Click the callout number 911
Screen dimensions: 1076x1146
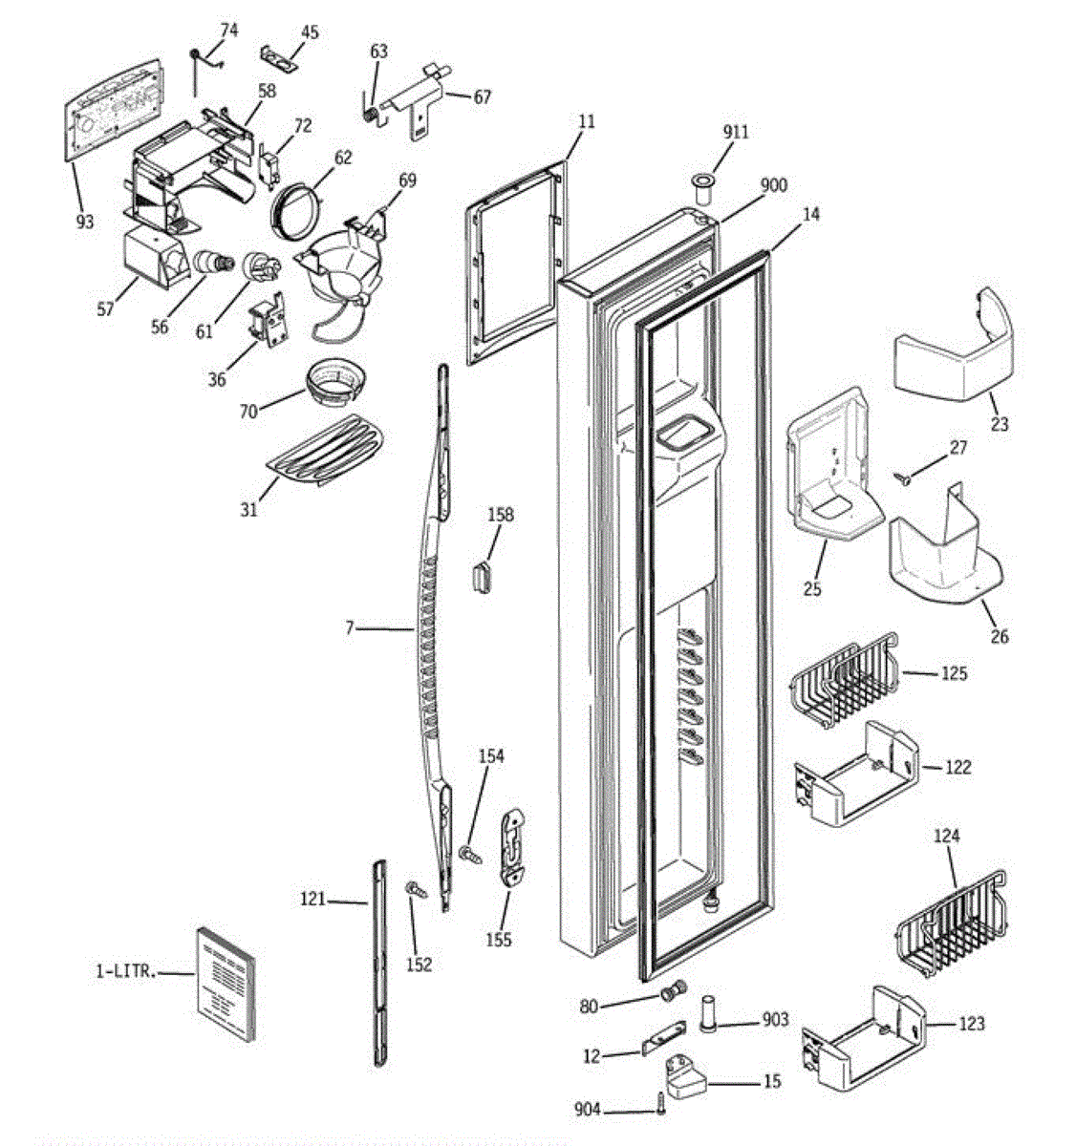[x=736, y=132]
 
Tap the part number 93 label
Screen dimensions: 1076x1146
[x=85, y=223]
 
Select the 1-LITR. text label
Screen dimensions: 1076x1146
[x=126, y=971]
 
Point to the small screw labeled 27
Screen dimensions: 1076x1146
[x=902, y=477]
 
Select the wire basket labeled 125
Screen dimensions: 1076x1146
[x=843, y=679]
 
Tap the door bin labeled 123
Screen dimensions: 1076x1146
[x=864, y=1039]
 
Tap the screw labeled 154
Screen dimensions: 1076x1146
[x=470, y=855]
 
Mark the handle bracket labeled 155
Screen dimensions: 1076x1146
[x=511, y=847]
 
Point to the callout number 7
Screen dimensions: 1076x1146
[x=349, y=627]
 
